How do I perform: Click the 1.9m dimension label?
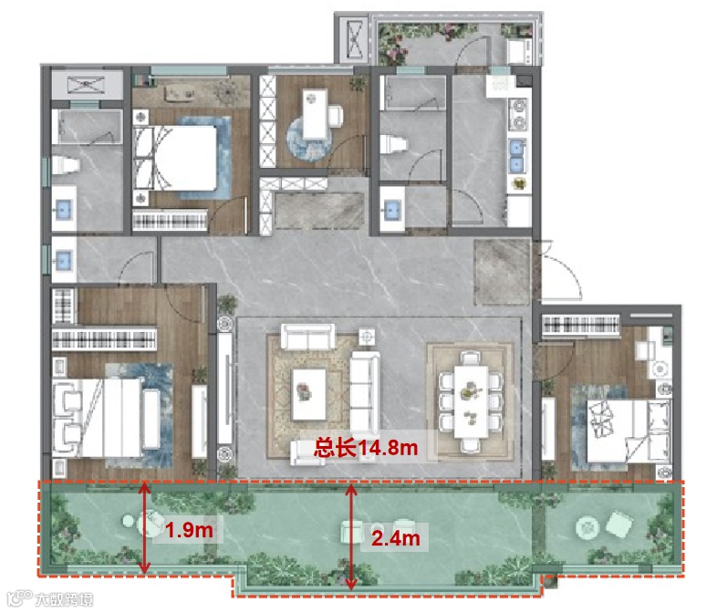(x=189, y=530)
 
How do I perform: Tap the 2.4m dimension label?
(x=395, y=537)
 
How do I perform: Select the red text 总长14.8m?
(x=366, y=448)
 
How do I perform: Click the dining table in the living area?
(x=471, y=401)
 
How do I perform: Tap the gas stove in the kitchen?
(x=517, y=114)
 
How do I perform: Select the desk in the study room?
(x=315, y=114)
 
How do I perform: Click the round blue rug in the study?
(x=309, y=138)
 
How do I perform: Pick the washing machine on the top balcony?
(x=519, y=50)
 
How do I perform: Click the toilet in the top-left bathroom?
(x=65, y=165)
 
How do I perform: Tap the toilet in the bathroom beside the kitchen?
(x=393, y=145)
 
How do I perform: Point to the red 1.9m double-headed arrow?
(x=144, y=528)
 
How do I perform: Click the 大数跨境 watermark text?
(x=64, y=600)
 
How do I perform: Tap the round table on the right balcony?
(x=587, y=527)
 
